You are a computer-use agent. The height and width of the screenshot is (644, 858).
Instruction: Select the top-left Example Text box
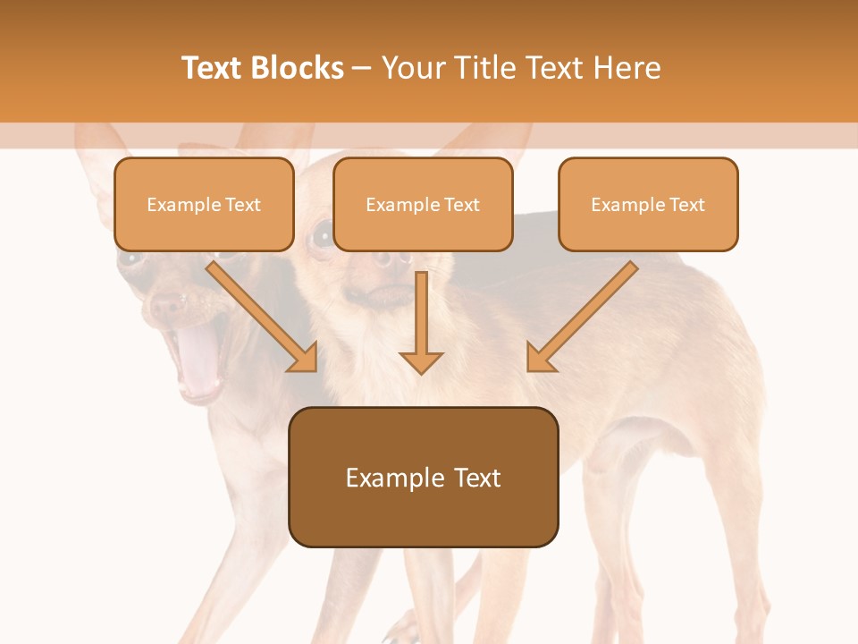coord(204,205)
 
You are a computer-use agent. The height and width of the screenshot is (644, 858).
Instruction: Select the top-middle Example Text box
coord(423,205)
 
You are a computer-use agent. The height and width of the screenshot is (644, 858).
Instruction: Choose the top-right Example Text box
coord(648,205)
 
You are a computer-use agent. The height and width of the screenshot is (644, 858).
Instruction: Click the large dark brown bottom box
coord(423,477)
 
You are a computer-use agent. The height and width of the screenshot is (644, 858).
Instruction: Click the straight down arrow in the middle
coord(421,322)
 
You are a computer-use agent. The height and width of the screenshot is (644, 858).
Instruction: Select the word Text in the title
coord(214,68)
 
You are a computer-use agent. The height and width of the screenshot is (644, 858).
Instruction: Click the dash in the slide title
coord(362,68)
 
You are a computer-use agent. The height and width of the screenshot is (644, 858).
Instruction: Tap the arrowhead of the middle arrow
coord(421,361)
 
